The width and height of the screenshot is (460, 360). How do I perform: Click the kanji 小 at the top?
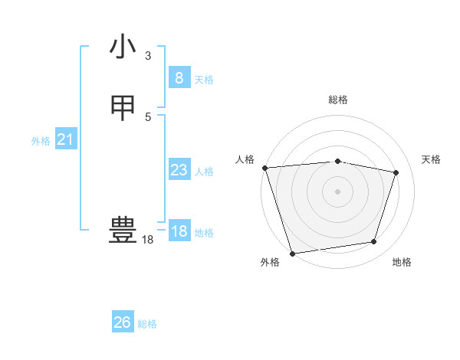(123, 47)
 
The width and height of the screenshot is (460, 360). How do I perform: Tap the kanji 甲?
(123, 109)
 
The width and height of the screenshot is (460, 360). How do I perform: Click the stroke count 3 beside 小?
(148, 56)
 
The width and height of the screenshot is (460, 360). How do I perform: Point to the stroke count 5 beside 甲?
(148, 116)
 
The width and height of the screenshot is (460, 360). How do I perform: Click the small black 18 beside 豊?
(147, 240)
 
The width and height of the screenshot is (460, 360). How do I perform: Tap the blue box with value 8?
(179, 77)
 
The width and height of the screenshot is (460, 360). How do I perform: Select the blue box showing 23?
(179, 170)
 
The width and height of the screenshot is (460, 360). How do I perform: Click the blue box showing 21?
(65, 139)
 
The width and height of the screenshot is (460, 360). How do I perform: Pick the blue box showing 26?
(123, 322)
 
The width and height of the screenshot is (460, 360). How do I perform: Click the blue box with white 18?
(179, 231)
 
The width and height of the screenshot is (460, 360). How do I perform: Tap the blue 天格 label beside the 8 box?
(204, 80)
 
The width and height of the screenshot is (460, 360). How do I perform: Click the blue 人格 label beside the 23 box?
(204, 172)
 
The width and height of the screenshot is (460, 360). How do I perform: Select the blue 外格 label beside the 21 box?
(41, 141)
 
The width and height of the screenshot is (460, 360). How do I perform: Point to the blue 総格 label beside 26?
(147, 324)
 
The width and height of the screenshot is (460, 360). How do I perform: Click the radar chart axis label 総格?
(338, 100)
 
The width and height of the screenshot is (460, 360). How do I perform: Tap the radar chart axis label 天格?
(431, 159)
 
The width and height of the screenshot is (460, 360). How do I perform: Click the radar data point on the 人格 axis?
(264, 168)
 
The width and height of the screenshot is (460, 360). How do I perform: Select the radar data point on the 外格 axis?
(292, 253)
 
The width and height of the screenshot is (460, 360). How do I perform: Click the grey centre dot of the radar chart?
(337, 191)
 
